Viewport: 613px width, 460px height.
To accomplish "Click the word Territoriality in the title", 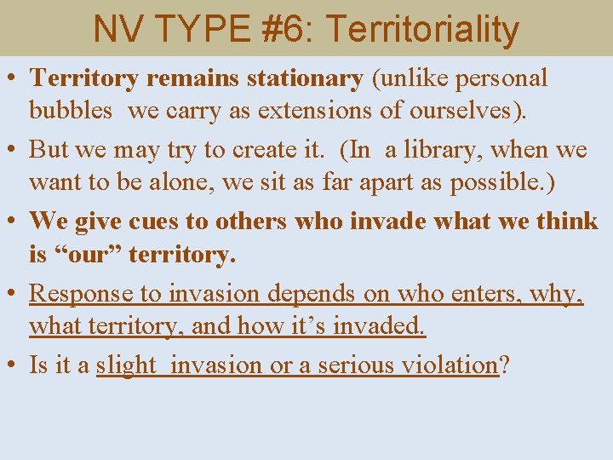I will coord(422,29).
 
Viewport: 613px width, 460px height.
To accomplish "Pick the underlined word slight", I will coord(126,365).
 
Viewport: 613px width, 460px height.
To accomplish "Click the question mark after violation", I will coord(504,365).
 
